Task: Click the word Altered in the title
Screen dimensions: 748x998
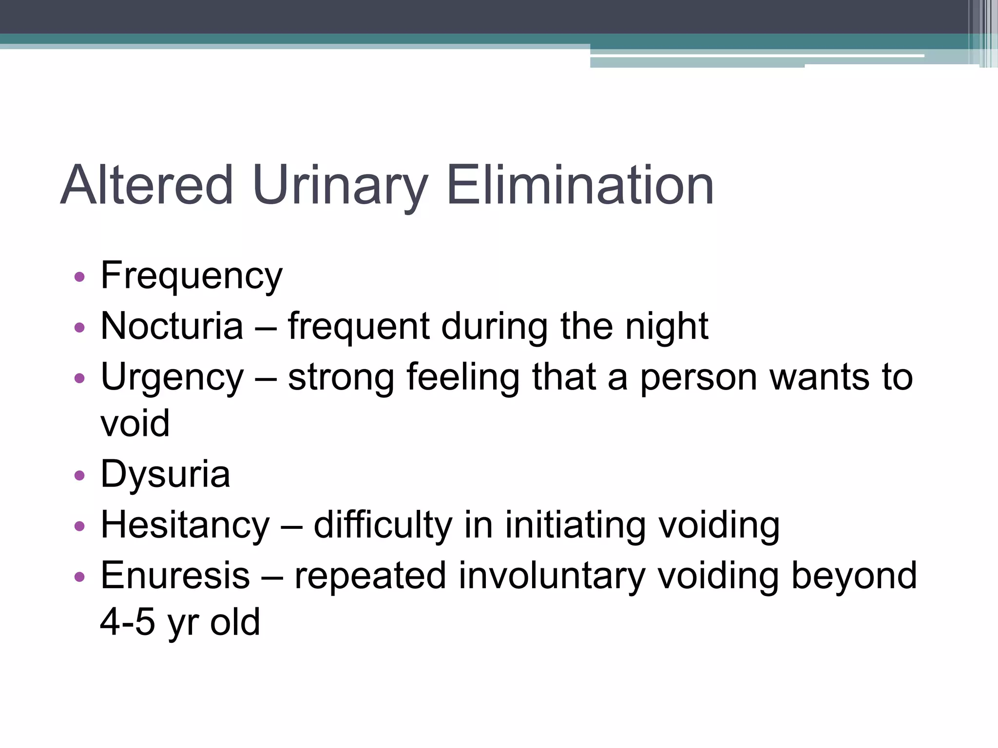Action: click(147, 186)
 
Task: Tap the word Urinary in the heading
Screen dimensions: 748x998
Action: click(340, 186)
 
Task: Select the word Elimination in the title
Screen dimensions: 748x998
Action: click(580, 186)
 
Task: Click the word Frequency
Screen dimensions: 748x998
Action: click(191, 276)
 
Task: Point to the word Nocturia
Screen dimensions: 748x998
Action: click(172, 326)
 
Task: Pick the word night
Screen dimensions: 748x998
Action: click(666, 326)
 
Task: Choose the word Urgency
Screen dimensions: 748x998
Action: click(172, 377)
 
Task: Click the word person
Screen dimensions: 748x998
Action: click(698, 377)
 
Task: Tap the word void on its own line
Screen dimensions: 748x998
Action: click(135, 424)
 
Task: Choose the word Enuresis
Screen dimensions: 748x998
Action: click(175, 576)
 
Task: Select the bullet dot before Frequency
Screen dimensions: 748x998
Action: click(79, 278)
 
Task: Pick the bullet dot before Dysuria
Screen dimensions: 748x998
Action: click(79, 475)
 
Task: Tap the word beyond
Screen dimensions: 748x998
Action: click(854, 576)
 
